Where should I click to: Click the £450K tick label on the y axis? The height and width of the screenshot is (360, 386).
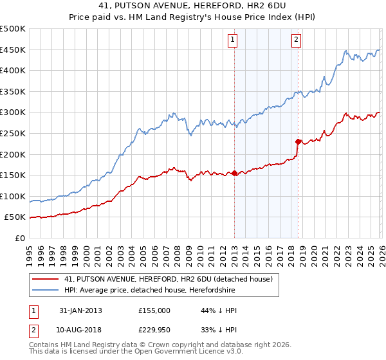coord(13,50)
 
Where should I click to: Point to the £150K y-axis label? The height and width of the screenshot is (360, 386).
coord(13,175)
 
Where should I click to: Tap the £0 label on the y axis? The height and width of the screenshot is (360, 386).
coord(20,238)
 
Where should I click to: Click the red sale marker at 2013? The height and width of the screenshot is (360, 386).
coord(234,173)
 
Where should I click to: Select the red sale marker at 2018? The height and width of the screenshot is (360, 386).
coord(298,141)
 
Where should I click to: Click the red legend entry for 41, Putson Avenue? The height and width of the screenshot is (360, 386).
coord(169,279)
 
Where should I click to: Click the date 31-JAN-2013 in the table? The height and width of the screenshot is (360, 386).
coord(80,310)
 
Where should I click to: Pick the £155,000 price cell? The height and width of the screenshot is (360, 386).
coord(154,310)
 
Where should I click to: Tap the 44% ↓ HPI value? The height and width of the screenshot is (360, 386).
coord(219,310)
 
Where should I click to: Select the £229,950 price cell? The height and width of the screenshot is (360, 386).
coord(154,330)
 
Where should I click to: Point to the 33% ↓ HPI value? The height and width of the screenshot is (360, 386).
coord(219,330)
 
